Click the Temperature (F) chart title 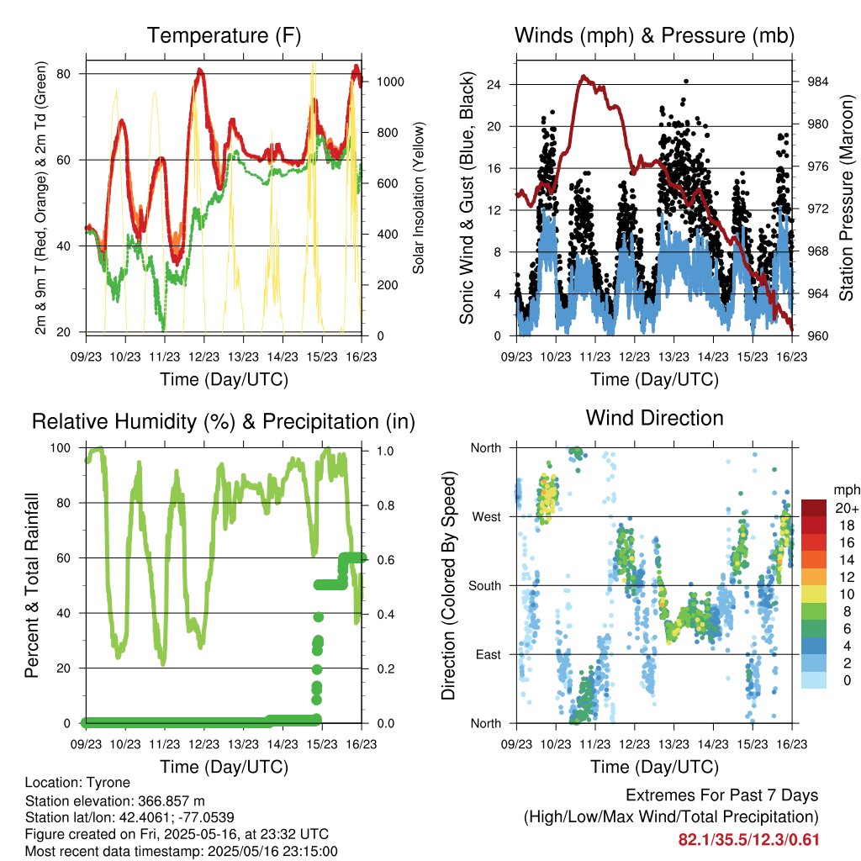click(224, 35)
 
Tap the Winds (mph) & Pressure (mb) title click(654, 35)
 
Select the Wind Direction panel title click(654, 418)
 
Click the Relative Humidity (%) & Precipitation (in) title click(224, 422)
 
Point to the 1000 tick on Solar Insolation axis click(390, 82)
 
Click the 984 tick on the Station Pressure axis click(817, 82)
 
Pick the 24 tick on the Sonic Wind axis click(494, 85)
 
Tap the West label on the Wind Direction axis click(487, 517)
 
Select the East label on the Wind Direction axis click(489, 654)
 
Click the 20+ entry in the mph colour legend click(847, 508)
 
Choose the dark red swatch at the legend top click(814, 508)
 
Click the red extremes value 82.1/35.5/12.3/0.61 click(748, 840)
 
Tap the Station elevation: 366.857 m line click(114, 800)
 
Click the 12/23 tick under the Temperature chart click(203, 357)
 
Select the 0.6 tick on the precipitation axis click(385, 560)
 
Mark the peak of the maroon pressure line click(584, 77)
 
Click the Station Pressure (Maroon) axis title click(846, 198)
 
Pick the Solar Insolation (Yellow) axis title click(419, 198)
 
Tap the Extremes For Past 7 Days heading click(721, 795)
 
